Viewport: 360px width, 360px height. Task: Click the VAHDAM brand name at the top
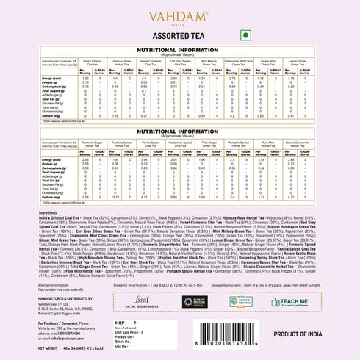180,14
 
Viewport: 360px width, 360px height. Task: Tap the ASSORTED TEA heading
180,34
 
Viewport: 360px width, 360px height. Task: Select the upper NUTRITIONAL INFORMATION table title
180,48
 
